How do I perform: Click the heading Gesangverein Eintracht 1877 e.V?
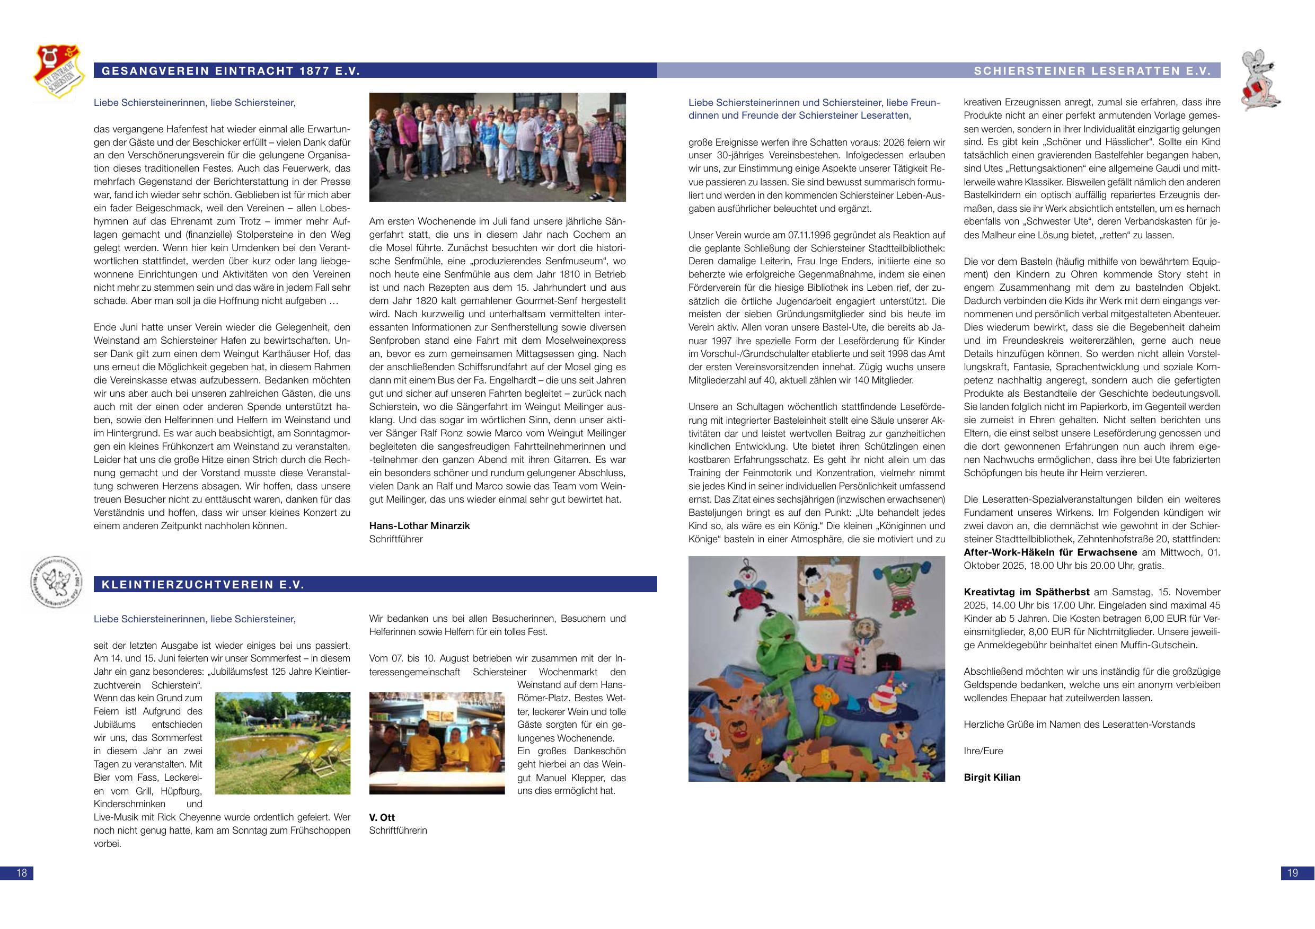(230, 71)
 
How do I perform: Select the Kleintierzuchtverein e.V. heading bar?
(203, 584)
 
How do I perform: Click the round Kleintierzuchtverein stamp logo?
(55, 580)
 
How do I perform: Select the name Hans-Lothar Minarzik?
(419, 525)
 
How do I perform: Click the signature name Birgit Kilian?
(992, 778)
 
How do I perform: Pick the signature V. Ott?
(382, 817)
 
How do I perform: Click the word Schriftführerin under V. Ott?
(398, 830)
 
